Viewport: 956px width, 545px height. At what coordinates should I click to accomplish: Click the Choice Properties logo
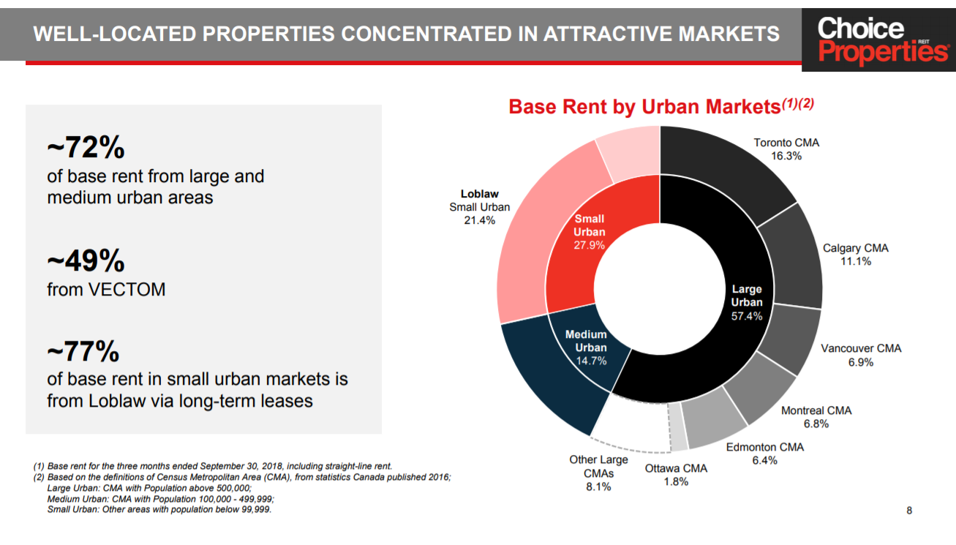point(878,40)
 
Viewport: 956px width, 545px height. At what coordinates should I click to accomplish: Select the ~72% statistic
point(86,149)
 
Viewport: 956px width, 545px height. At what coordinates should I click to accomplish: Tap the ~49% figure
point(86,261)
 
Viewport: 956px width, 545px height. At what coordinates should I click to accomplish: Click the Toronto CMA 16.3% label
point(786,149)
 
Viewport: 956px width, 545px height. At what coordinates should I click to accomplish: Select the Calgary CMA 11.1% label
point(855,255)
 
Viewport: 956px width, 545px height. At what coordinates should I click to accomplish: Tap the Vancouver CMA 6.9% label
point(860,355)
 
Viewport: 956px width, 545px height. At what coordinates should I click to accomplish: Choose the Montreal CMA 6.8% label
point(816,417)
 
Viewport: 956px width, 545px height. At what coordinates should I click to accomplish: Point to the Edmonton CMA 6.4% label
point(764,454)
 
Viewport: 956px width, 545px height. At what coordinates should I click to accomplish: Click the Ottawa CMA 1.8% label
point(676,475)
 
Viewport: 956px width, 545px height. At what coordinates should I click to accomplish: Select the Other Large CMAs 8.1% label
point(598,473)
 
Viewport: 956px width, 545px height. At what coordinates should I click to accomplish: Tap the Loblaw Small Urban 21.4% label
point(479,207)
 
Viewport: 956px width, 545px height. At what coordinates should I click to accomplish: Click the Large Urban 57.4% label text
point(746,302)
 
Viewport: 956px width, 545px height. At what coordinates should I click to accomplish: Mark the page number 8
point(909,511)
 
